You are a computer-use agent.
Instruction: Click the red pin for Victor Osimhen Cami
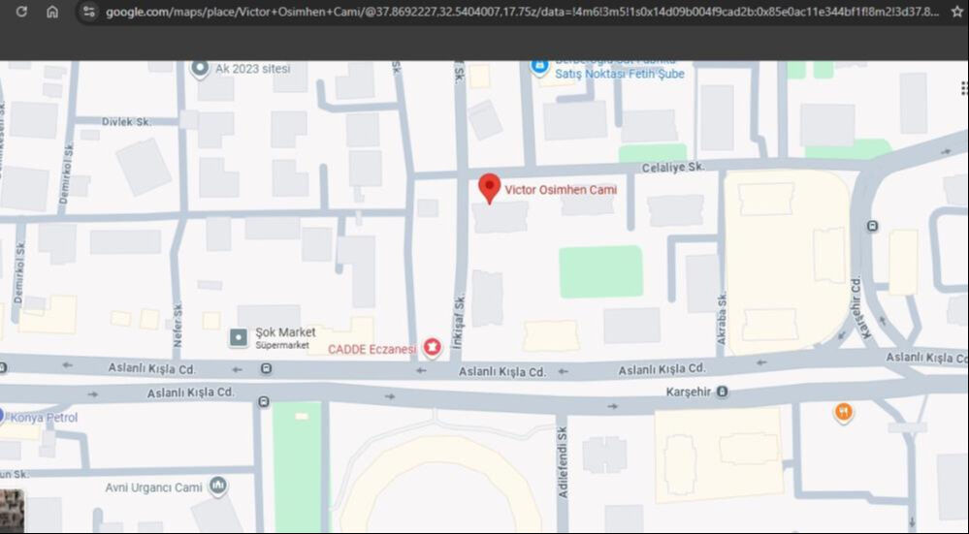(490, 187)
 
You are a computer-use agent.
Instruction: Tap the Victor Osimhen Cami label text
(561, 190)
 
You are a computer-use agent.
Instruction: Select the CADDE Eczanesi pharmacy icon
(432, 346)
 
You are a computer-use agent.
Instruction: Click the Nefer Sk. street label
(178, 316)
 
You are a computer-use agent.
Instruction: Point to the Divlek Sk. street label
(125, 122)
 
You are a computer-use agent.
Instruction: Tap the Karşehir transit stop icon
(722, 392)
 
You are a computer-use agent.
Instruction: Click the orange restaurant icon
(844, 413)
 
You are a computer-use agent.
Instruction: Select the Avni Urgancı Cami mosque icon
(218, 485)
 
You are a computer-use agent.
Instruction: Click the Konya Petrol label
(44, 418)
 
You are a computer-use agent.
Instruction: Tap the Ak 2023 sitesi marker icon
(200, 68)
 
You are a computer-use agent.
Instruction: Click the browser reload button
(21, 12)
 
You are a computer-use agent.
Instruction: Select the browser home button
(52, 12)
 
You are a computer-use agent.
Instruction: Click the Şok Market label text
(285, 331)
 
